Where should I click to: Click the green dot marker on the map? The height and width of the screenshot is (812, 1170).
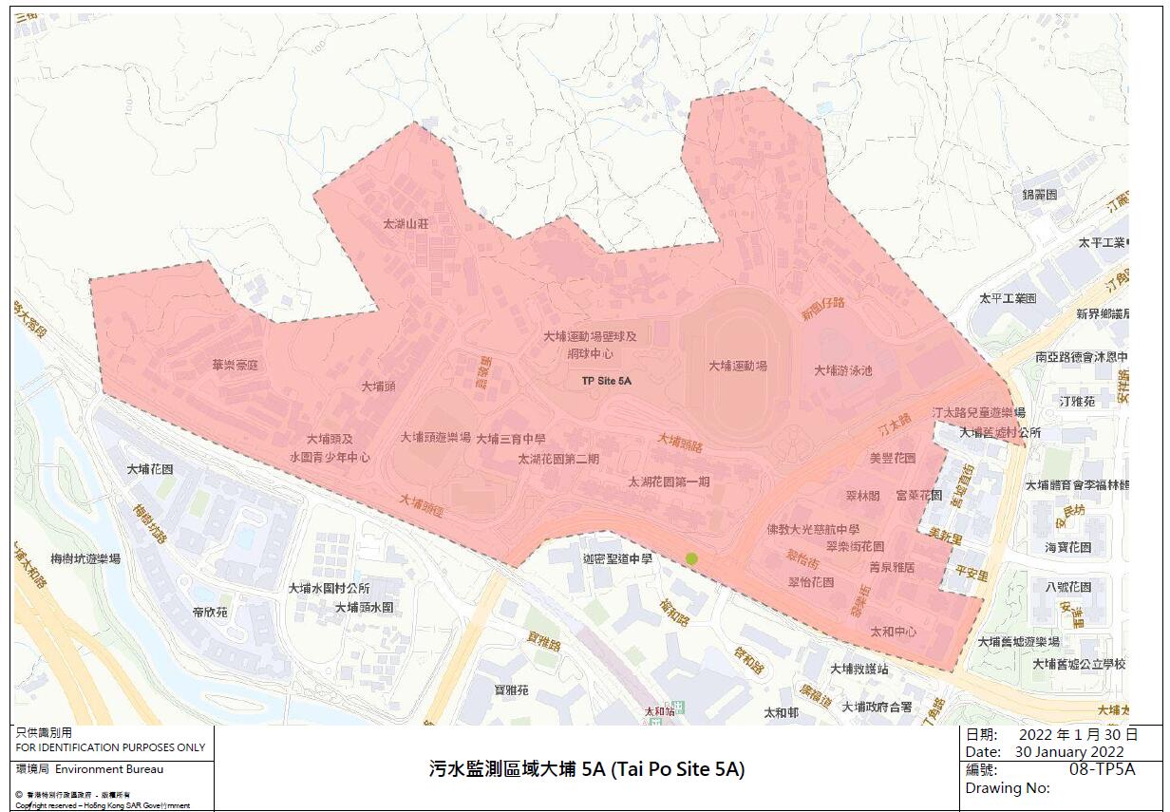[691, 558]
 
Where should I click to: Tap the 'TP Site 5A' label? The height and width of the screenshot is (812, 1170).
[607, 380]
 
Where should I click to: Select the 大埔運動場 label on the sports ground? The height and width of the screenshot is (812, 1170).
[738, 366]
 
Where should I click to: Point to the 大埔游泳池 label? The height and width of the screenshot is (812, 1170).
[843, 370]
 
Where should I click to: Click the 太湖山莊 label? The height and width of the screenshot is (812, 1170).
[406, 225]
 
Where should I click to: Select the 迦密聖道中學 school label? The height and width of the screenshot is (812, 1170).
[618, 559]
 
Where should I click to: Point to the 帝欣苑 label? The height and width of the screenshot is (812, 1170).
[210, 613]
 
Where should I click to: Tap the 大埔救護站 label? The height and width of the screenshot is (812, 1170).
[859, 669]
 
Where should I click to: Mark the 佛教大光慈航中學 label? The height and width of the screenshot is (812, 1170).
[813, 529]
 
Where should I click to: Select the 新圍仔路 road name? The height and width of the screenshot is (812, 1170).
[822, 307]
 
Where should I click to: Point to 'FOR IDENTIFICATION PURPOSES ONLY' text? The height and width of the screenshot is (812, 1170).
[110, 747]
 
